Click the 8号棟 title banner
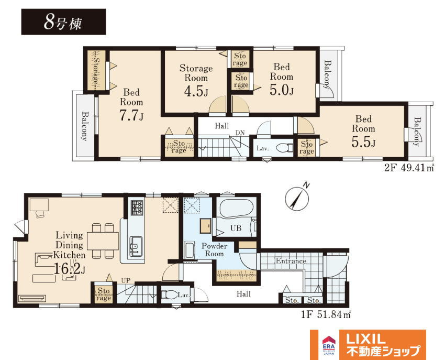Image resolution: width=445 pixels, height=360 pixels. (63, 22)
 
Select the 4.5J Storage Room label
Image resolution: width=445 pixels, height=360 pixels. (196, 91)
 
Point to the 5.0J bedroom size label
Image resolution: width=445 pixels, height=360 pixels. (281, 90)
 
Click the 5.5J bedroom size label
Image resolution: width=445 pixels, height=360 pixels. (363, 142)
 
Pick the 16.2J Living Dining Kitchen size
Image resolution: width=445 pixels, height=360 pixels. (69, 268)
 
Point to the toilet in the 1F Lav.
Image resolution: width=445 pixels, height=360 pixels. (169, 295)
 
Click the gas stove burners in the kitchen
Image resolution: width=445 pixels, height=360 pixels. (137, 208)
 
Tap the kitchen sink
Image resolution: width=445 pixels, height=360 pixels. (136, 247)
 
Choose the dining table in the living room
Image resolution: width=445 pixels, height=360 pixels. (103, 241)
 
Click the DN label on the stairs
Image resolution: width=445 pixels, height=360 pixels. (240, 133)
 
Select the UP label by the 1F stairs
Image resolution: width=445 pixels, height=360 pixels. (126, 280)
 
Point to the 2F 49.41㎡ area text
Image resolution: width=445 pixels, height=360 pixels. (409, 168)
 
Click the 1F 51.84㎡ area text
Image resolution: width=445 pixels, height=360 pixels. (326, 315)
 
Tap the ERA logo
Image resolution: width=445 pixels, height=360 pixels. (329, 345)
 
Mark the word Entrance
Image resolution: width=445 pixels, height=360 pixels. (291, 261)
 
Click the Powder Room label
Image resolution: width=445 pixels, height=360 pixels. (214, 250)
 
